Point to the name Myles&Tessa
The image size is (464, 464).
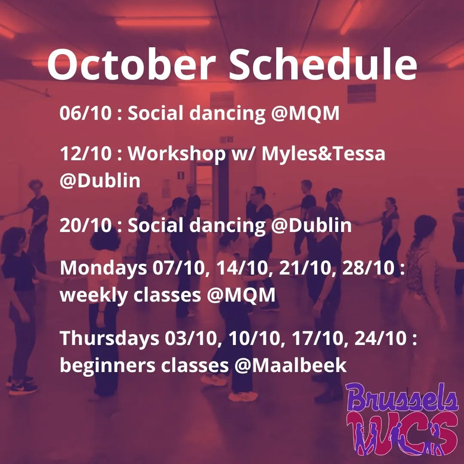[323, 154]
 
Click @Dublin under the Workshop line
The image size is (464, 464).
[100, 181]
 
